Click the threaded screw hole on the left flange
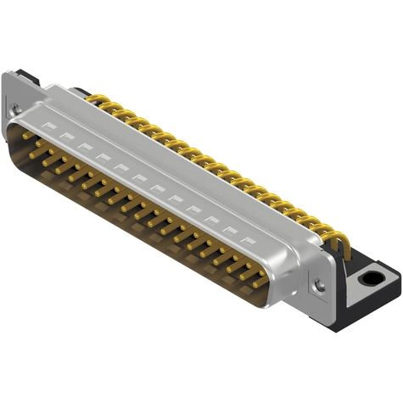(x=14, y=108)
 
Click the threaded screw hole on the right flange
(x=319, y=286)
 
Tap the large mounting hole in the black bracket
(x=371, y=277)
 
